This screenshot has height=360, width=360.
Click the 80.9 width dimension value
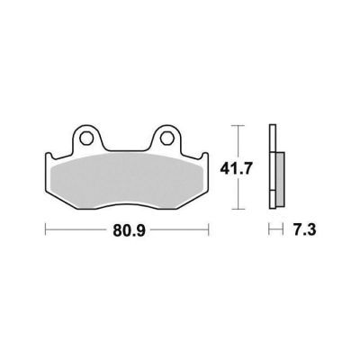point(129,230)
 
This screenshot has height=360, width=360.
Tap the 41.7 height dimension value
point(236,169)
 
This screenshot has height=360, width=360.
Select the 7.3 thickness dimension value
point(303,230)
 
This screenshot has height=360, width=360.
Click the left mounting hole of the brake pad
point(85,138)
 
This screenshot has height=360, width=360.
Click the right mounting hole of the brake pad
point(166,138)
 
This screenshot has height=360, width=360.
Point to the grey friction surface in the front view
point(127,181)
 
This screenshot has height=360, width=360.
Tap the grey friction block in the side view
point(281,179)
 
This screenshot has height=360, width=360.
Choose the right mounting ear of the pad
point(166,138)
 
